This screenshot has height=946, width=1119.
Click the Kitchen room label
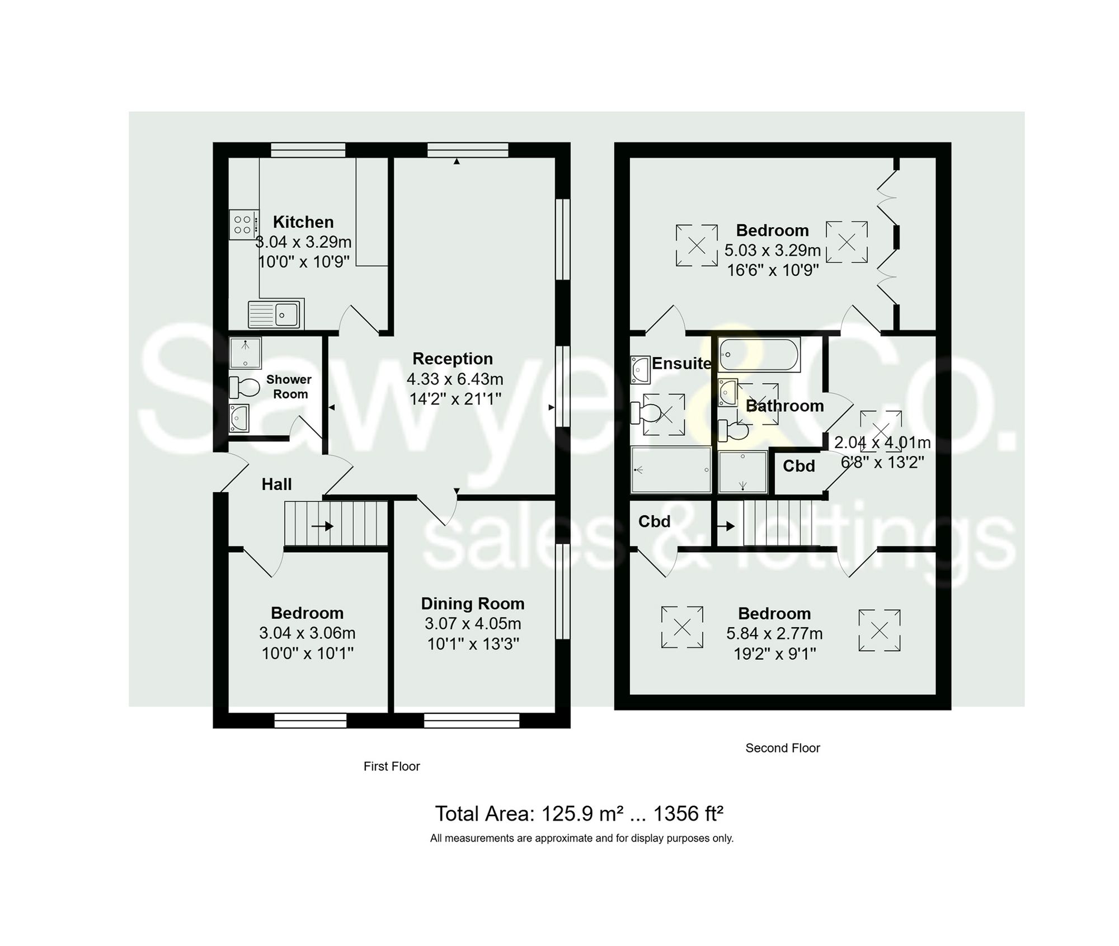(303, 222)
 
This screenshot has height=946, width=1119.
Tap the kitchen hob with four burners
(243, 225)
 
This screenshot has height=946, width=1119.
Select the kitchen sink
(276, 314)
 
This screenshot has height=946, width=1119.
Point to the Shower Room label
(289, 387)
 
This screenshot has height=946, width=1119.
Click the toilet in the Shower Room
(245, 387)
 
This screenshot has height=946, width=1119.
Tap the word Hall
(277, 484)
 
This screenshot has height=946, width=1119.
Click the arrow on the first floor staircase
(323, 526)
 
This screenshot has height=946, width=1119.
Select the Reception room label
(453, 359)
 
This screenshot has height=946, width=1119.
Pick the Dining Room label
(473, 604)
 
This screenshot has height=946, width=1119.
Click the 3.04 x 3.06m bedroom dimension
(307, 633)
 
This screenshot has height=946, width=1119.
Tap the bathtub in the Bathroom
(759, 354)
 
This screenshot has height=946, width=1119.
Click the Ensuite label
(681, 364)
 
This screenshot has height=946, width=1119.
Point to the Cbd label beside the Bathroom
(798, 466)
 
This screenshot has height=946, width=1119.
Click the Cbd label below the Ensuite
(654, 521)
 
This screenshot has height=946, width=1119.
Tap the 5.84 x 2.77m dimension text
(774, 634)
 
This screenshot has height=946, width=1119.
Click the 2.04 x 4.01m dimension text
(882, 443)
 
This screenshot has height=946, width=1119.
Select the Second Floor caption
(782, 748)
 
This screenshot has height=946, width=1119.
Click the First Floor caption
(392, 766)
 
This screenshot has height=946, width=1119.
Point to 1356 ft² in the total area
(688, 814)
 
